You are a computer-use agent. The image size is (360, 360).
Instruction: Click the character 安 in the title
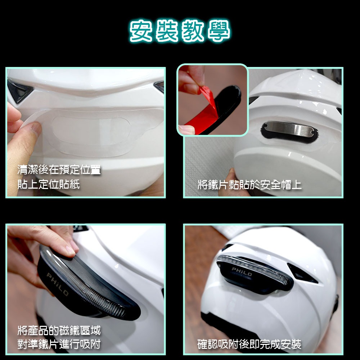coord(141,31)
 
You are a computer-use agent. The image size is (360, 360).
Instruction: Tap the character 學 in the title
coord(219,31)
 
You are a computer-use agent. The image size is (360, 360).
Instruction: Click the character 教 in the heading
coord(193,31)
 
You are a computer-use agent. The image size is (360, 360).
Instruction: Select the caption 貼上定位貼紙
coord(49,184)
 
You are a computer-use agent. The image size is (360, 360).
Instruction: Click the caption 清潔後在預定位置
coord(59,170)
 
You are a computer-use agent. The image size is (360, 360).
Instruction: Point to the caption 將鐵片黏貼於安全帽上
coord(249,185)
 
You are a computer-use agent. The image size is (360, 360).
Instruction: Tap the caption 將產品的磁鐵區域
coord(59,330)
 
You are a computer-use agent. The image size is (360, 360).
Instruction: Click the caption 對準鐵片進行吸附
coord(59,344)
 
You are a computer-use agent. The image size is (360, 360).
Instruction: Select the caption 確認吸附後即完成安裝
coord(249,344)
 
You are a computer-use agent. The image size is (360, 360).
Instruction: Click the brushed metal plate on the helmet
coord(289,129)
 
